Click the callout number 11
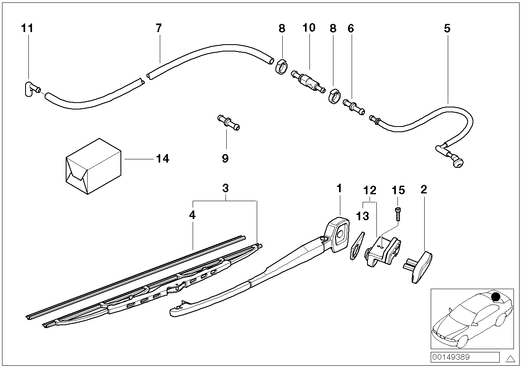click(x=27, y=28)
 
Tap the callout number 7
click(x=159, y=28)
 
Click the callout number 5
click(x=447, y=28)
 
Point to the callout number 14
click(x=163, y=159)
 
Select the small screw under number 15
click(x=398, y=213)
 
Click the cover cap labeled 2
click(x=419, y=267)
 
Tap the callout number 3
click(x=225, y=189)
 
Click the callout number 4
click(x=192, y=215)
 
